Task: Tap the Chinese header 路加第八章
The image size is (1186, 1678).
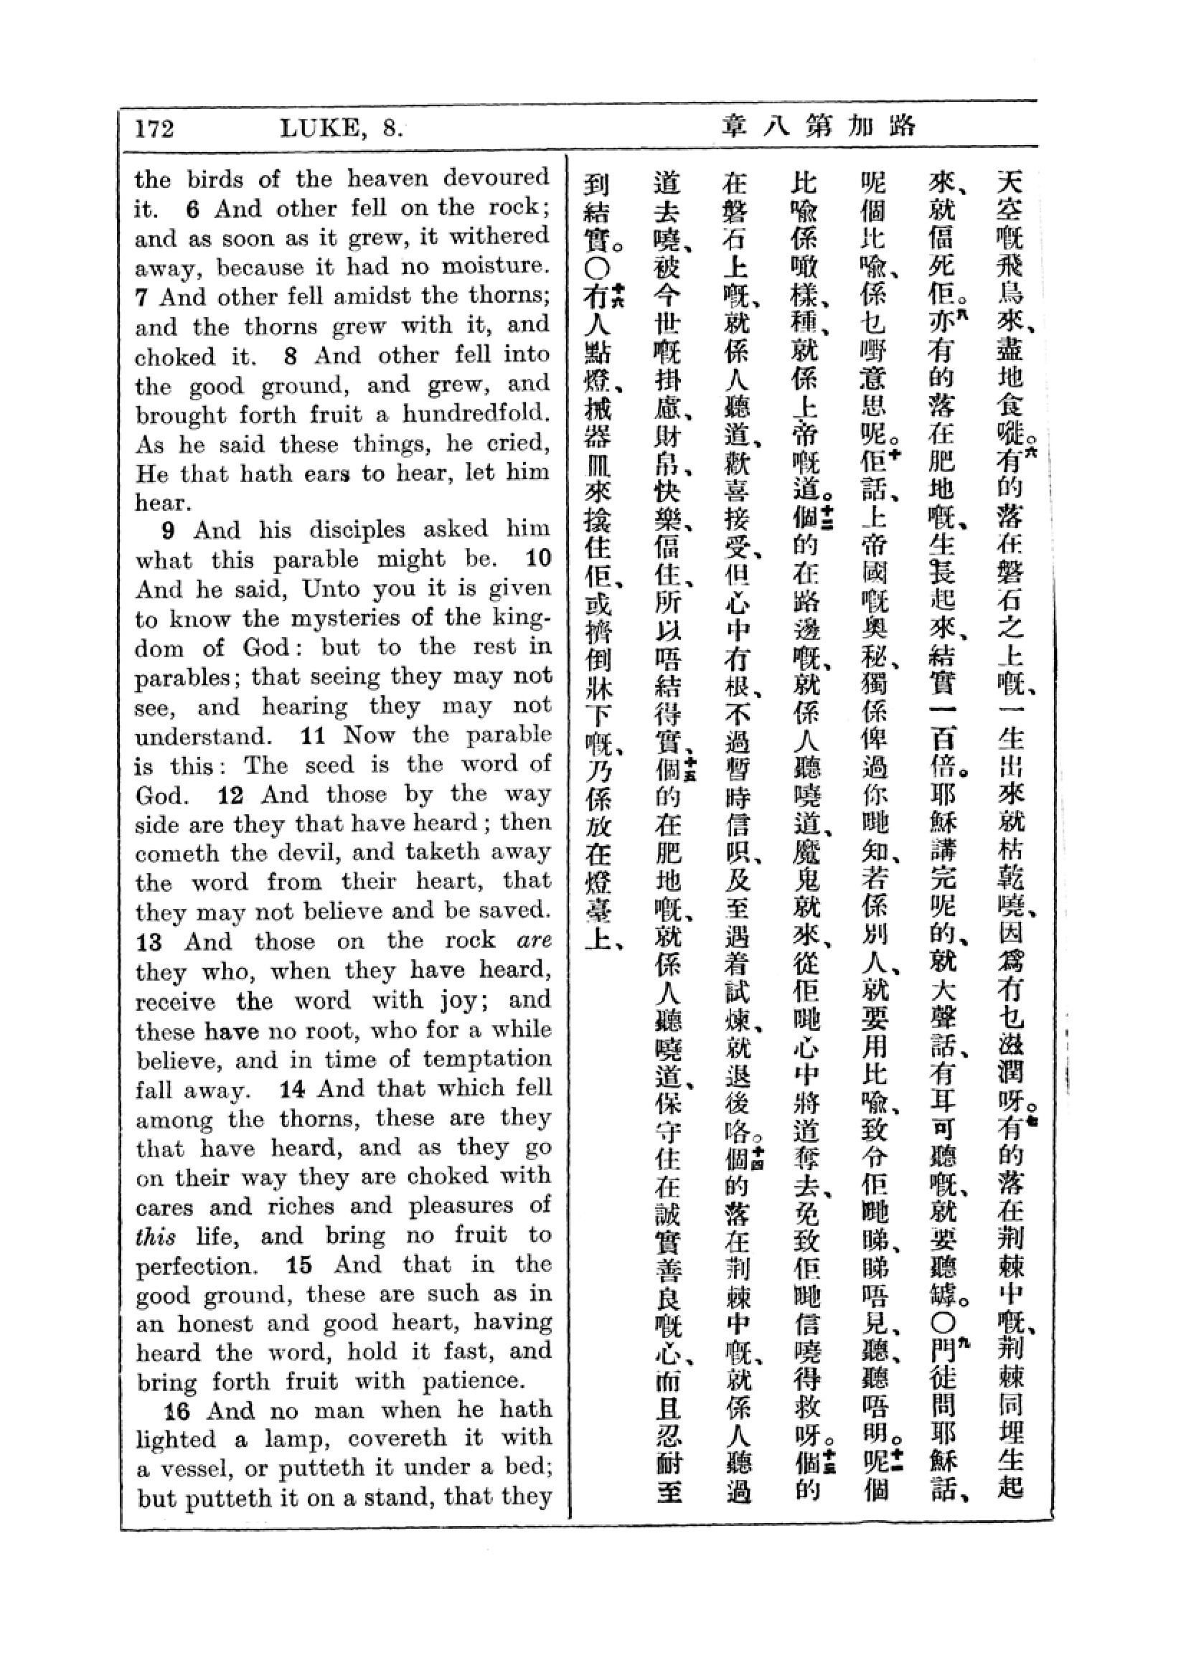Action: click(x=818, y=127)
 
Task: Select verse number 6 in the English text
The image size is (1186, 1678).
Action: click(x=192, y=209)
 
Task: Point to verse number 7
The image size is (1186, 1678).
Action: click(x=142, y=298)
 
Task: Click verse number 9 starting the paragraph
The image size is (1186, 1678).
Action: click(x=169, y=531)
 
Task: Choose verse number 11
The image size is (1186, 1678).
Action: click(x=312, y=735)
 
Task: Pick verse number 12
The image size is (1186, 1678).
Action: click(x=230, y=795)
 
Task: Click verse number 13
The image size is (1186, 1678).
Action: click(x=149, y=942)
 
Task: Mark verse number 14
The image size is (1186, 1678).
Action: click(x=291, y=1089)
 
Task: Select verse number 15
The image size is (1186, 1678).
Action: click(x=299, y=1265)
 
